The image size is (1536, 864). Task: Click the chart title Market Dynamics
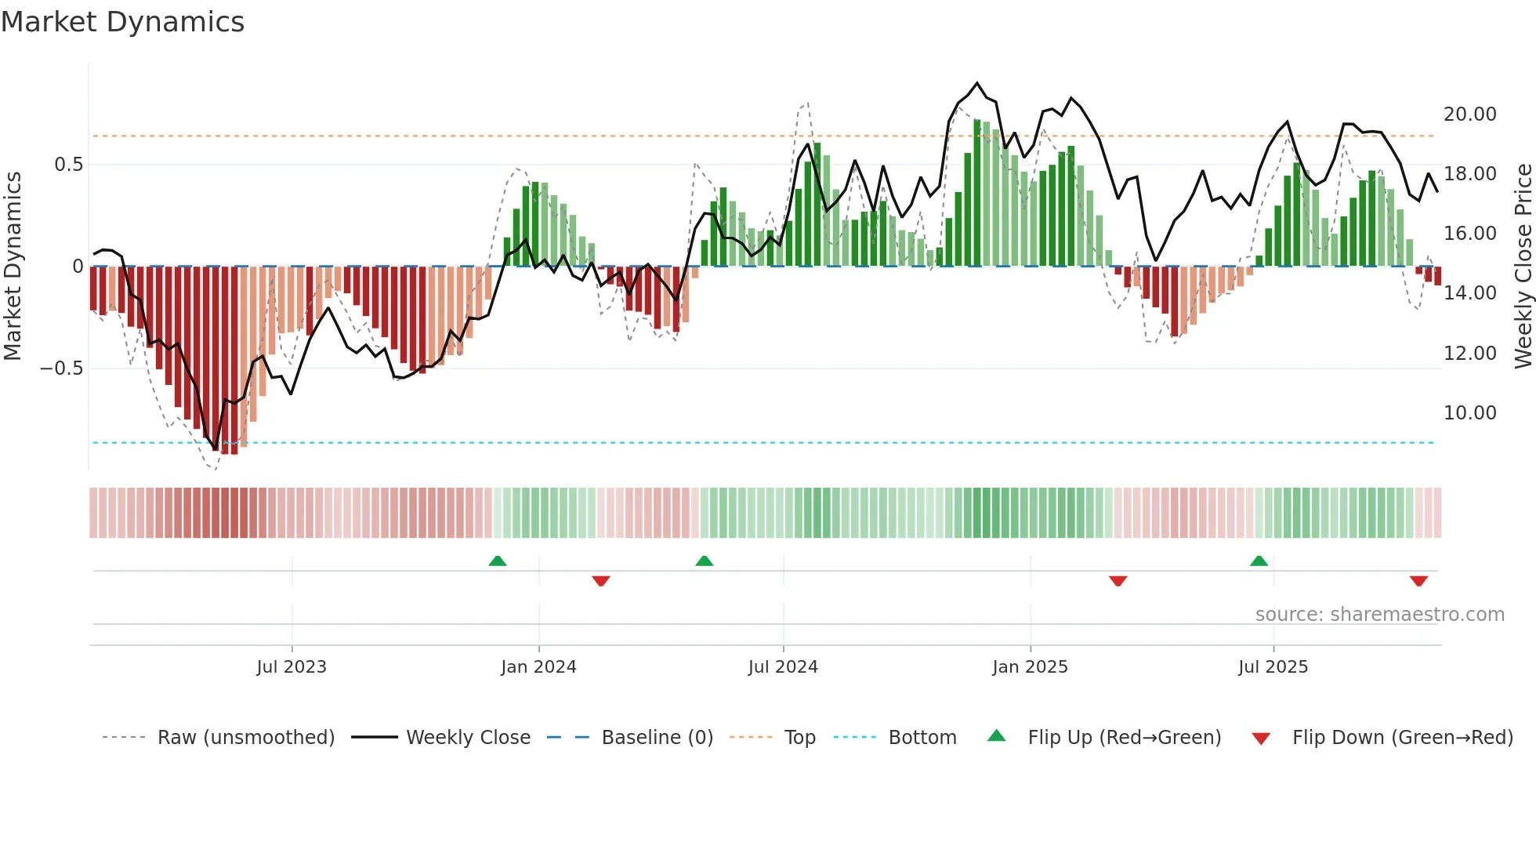[x=122, y=22]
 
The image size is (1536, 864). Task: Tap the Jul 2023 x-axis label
[x=291, y=667]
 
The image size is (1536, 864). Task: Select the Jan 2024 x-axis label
[x=538, y=667]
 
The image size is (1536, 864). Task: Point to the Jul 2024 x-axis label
[x=783, y=667]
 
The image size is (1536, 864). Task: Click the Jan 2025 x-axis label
[x=1030, y=667]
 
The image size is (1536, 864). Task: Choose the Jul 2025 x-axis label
[x=1273, y=667]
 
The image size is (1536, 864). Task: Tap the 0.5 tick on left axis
[x=68, y=165]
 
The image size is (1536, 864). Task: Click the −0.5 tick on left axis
[x=62, y=368]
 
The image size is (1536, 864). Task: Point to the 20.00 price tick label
[x=1469, y=114]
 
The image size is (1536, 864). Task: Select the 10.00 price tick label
[x=1469, y=413]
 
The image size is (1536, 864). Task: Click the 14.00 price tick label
[x=1469, y=293]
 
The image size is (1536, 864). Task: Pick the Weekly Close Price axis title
[x=1523, y=266]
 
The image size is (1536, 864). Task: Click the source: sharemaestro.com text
[x=1379, y=615]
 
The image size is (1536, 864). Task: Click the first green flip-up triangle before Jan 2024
[x=498, y=561]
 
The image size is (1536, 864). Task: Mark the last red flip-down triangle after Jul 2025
[x=1418, y=581]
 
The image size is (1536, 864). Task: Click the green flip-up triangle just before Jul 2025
[x=1259, y=561]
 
